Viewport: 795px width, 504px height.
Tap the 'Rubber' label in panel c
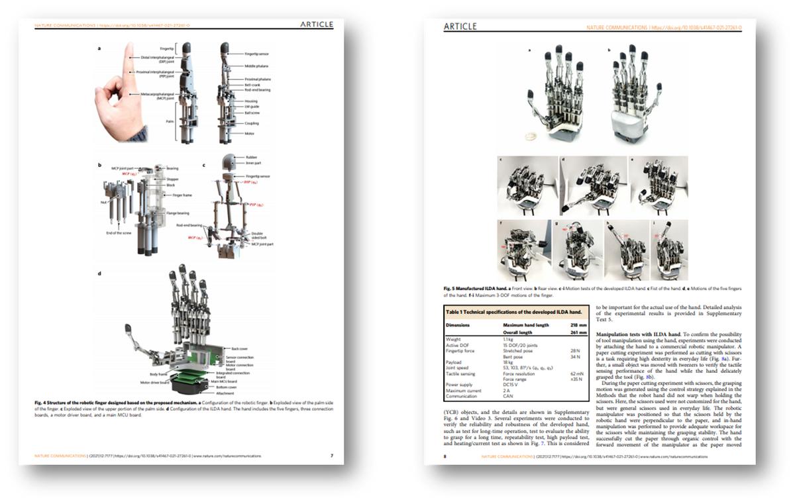[x=250, y=157]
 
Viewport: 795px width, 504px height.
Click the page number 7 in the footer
[x=331, y=456]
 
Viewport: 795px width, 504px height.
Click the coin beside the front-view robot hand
[x=529, y=137]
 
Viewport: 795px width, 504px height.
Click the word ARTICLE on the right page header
[x=460, y=27]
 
